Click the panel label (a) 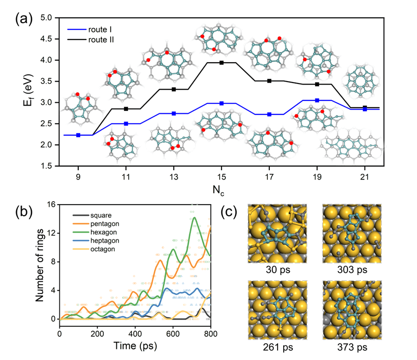pyautogui.click(x=24, y=20)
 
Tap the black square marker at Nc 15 pyautogui.click(x=222, y=63)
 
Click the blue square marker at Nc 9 pyautogui.click(x=78, y=135)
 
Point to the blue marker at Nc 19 pyautogui.click(x=317, y=100)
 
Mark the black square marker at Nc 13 pyautogui.click(x=174, y=89)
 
